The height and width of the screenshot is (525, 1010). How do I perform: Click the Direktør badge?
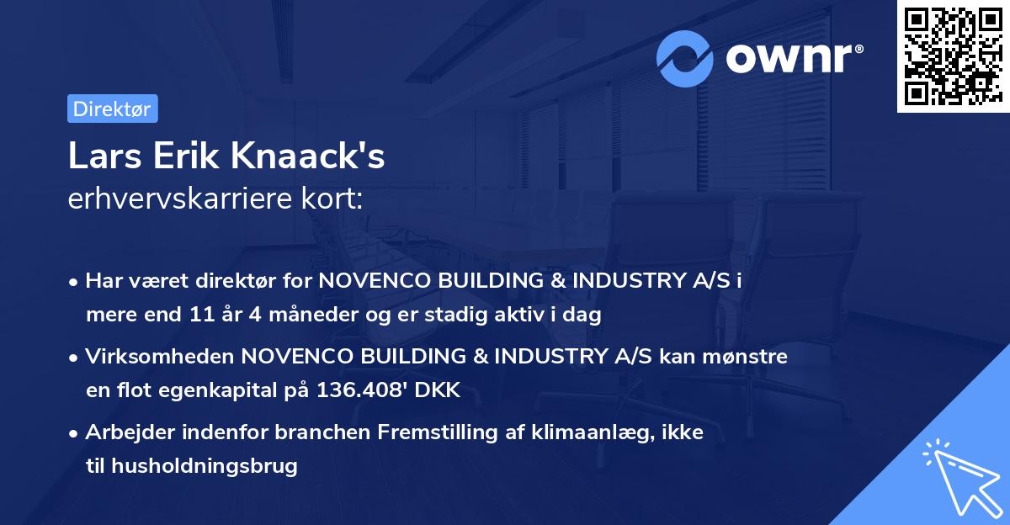[112, 109]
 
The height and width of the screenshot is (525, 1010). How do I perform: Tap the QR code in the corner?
[953, 56]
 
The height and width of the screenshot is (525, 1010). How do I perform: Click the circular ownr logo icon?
[685, 58]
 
